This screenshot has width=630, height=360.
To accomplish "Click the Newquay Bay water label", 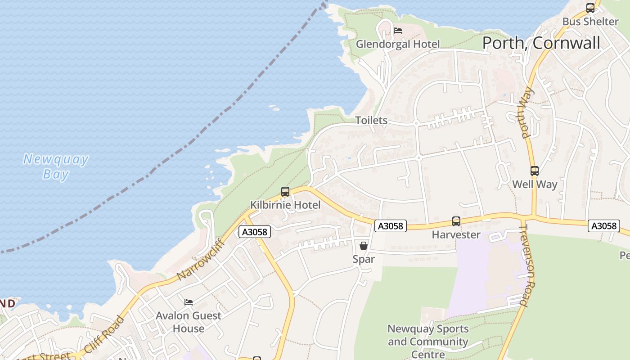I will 56,166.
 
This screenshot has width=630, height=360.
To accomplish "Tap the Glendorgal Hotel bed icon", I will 398,31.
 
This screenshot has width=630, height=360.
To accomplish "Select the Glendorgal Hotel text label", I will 398,44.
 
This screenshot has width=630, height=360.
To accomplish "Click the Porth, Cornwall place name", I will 541,43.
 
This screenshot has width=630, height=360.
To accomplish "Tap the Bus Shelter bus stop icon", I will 590,8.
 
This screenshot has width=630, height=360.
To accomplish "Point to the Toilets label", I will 371,120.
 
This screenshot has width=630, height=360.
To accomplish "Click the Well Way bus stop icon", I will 534,171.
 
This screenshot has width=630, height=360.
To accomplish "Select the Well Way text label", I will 535,184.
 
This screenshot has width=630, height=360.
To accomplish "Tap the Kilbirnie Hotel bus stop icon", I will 285,192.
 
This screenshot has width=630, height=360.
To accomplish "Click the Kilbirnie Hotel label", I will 285,205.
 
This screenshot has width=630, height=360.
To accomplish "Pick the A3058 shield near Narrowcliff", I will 255,232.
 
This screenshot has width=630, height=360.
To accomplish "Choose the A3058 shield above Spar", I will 390,226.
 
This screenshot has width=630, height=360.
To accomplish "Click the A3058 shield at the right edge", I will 603,226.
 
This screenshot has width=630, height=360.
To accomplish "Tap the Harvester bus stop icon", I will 456,221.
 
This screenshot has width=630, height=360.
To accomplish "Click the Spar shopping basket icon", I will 364,246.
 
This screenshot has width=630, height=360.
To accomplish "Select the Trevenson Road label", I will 526,265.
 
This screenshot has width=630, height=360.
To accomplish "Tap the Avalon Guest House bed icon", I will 189,302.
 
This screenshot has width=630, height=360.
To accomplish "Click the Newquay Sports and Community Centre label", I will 428,342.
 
